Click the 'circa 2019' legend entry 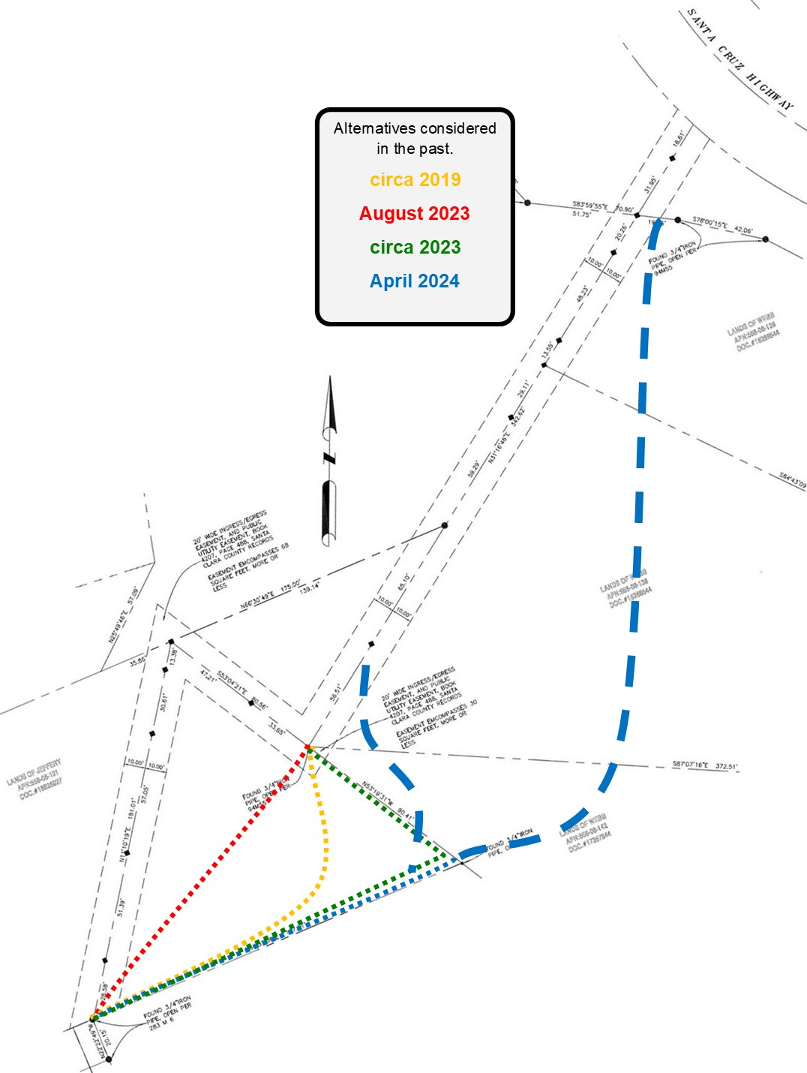[x=415, y=180]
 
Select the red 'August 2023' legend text [x=414, y=214]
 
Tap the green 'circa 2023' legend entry [x=415, y=248]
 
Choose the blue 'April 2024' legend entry [x=414, y=281]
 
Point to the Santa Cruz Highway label [x=739, y=60]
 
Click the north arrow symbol [x=329, y=461]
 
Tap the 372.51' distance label [x=726, y=767]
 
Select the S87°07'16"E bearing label [x=691, y=765]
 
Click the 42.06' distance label [x=743, y=230]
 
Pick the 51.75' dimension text [x=581, y=214]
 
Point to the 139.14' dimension [x=309, y=588]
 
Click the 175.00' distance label [x=290, y=585]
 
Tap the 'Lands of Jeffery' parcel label [x=34, y=779]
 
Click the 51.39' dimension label [x=121, y=907]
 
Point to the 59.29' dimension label [x=474, y=469]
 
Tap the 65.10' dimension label [x=404, y=582]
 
